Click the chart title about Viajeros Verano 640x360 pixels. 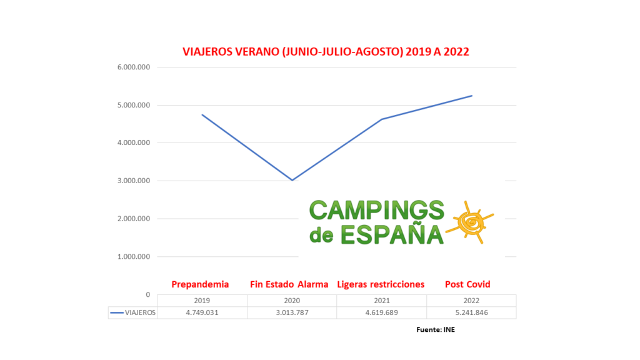coord(325,52)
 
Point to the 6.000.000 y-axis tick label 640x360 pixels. coord(133,67)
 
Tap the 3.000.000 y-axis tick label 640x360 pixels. coord(133,181)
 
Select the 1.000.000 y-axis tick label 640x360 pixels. coord(133,257)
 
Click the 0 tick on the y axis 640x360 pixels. coord(147,294)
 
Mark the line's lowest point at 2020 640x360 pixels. coord(292,180)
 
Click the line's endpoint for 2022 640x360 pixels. coord(472,96)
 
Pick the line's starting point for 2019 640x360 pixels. coord(202,114)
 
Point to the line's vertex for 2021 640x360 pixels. coord(381,119)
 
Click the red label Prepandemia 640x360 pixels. coord(200,284)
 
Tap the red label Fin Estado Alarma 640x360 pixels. coord(289,284)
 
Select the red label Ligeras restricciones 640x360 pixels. coord(381,284)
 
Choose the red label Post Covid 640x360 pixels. coord(467,284)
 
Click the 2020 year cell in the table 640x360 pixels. coord(292,301)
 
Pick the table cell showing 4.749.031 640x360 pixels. coord(202,312)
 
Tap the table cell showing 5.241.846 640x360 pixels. coord(471,312)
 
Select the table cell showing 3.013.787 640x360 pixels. coord(292,312)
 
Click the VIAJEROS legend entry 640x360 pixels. coord(132,312)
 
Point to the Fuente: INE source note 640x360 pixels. coord(436,329)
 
